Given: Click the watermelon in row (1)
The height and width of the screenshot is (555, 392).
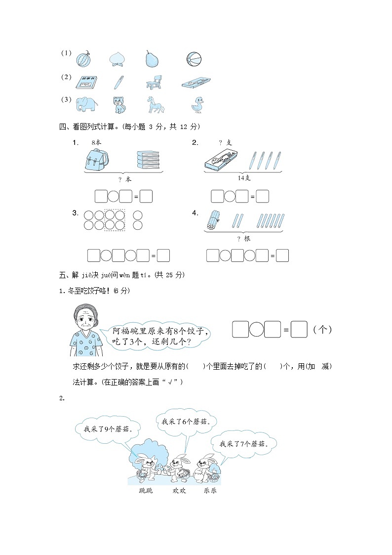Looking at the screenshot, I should click(82, 60).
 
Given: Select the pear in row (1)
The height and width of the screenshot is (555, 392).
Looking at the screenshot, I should click(152, 59).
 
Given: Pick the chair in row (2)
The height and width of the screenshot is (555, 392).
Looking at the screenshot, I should click(154, 83).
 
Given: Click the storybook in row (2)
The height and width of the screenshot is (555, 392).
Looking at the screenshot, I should click(87, 83).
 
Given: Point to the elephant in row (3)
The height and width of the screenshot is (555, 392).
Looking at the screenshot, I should click(87, 105).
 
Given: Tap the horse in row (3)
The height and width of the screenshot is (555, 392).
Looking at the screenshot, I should click(153, 105).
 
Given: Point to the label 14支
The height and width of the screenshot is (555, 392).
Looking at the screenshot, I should click(243, 178).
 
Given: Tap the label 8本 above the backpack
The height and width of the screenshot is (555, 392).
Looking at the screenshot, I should click(96, 142).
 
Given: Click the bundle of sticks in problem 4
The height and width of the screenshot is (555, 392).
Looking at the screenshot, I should click(212, 220).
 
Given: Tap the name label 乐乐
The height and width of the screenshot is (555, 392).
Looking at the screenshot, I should click(210, 491).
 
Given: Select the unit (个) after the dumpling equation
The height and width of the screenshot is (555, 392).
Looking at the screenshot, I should click(323, 330).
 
